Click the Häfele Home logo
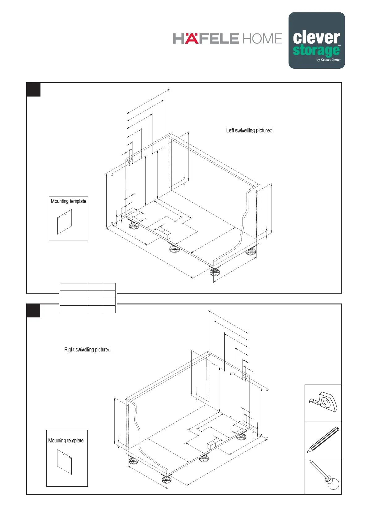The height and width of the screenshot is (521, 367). (x=227, y=39)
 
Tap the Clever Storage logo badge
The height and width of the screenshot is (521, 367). (x=316, y=41)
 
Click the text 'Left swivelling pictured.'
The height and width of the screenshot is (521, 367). (x=250, y=131)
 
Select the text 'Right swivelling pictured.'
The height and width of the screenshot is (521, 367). (x=88, y=350)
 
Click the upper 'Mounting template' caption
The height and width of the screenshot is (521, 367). (x=68, y=201)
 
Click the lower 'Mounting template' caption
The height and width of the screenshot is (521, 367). (x=66, y=440)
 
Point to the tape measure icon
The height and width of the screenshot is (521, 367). (x=323, y=403)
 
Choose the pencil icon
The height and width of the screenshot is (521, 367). (x=323, y=440)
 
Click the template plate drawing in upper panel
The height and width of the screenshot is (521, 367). (x=65, y=222)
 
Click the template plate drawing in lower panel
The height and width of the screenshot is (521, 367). (x=64, y=462)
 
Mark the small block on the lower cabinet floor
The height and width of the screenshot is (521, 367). (x=211, y=445)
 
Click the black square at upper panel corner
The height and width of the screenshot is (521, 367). (x=34, y=90)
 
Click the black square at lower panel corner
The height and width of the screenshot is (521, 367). (x=33, y=311)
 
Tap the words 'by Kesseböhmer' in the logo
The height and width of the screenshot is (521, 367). (x=328, y=60)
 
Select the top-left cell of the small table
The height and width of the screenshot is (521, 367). (x=74, y=287)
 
